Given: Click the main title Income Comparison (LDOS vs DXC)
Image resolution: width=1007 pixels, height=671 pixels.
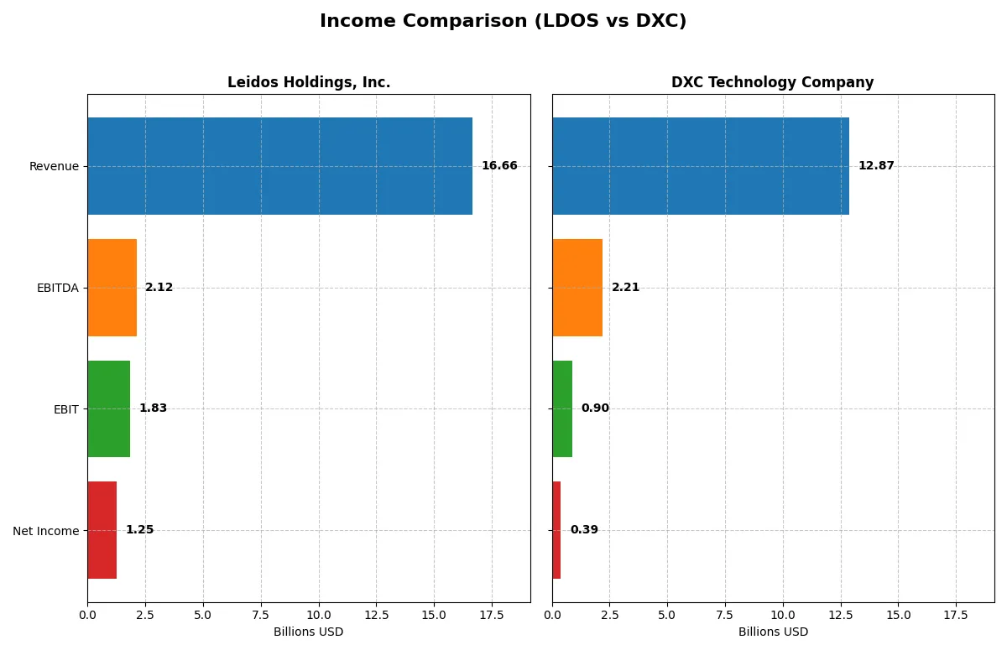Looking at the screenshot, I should pyautogui.click(x=503, y=22).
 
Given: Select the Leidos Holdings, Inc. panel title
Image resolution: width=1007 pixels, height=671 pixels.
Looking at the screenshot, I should pyautogui.click(x=309, y=82).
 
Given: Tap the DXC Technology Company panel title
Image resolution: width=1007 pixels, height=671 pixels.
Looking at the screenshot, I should pyautogui.click(x=772, y=82).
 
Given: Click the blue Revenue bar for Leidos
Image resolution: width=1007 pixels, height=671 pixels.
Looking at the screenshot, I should pyautogui.click(x=279, y=166).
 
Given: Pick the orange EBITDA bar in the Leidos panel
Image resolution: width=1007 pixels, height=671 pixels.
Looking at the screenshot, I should pyautogui.click(x=112, y=288).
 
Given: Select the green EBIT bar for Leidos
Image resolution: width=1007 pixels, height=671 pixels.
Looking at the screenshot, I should pyautogui.click(x=108, y=408).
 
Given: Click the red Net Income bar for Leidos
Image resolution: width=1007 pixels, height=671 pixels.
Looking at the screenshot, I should pyautogui.click(x=102, y=530).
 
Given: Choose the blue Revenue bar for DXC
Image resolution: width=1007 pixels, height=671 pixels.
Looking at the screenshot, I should pyautogui.click(x=701, y=166).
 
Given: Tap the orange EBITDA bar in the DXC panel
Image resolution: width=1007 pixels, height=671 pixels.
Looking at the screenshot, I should pyautogui.click(x=577, y=288).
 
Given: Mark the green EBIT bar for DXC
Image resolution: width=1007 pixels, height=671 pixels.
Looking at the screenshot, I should pyautogui.click(x=562, y=408).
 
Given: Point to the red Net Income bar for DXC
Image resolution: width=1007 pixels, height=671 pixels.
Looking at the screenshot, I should pyautogui.click(x=556, y=530).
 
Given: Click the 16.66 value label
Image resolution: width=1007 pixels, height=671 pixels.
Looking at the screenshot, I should pyautogui.click(x=499, y=166).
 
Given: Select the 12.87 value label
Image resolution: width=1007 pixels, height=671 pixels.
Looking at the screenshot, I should pyautogui.click(x=876, y=166).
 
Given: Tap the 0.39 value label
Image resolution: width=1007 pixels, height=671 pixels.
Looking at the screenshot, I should pyautogui.click(x=584, y=530).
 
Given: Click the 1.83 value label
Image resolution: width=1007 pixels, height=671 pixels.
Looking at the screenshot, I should pyautogui.click(x=153, y=408).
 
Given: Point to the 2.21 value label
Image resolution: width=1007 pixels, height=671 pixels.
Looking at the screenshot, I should pyautogui.click(x=625, y=288).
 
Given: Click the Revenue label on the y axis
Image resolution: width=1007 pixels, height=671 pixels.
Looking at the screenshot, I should pyautogui.click(x=54, y=166).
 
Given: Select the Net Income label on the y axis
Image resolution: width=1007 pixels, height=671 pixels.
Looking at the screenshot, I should pyautogui.click(x=46, y=530).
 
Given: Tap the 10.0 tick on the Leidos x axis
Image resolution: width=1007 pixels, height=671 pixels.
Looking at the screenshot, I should pyautogui.click(x=319, y=615).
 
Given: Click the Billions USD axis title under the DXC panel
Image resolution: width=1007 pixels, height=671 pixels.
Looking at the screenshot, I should pyautogui.click(x=773, y=632).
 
